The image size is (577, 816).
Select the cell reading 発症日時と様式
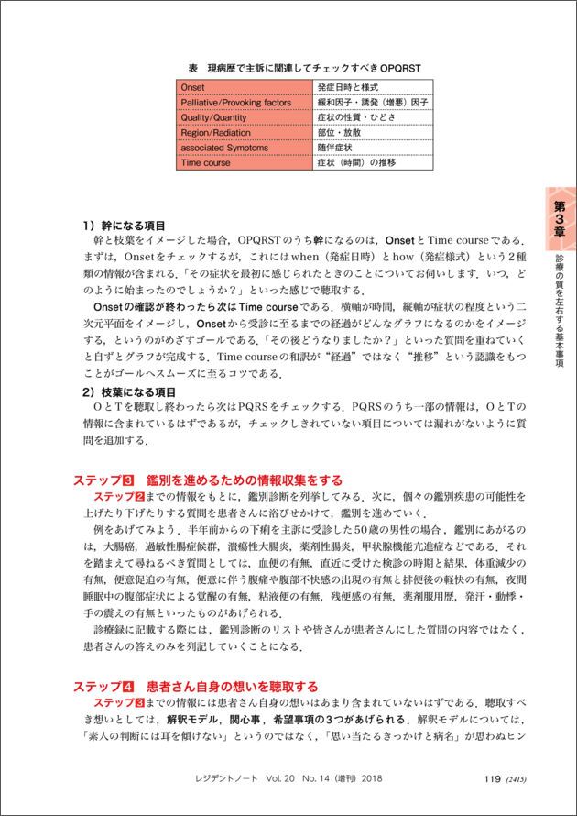[350, 88]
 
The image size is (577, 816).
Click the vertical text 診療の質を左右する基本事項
[560, 312]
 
